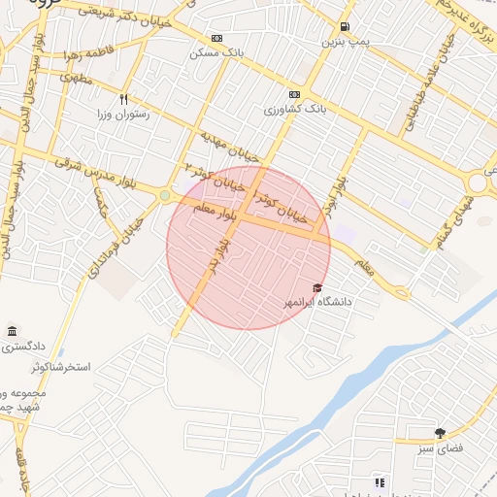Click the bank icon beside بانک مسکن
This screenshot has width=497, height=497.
tap(215, 39)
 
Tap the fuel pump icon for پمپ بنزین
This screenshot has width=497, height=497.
tap(346, 26)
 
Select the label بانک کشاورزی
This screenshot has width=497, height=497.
tap(294, 110)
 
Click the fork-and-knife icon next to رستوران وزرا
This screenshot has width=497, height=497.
tap(123, 99)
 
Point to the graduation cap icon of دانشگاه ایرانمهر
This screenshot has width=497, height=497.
tap(317, 287)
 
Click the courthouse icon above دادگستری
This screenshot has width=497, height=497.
tap(12, 331)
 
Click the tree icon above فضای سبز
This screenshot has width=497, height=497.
tap(440, 433)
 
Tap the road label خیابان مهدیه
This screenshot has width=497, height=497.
tap(230, 145)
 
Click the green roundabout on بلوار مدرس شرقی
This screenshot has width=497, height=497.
tap(165, 196)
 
